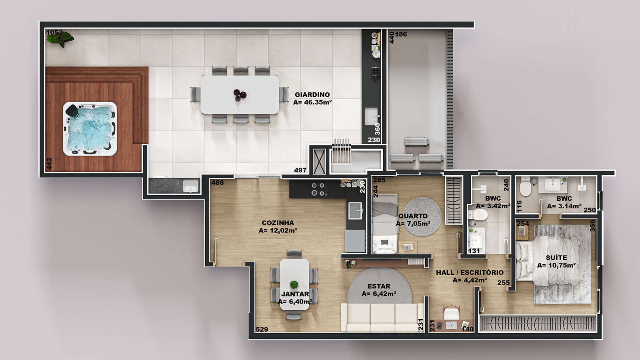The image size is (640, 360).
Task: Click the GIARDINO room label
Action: click(x=312, y=94)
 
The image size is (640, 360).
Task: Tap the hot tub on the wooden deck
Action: click(x=90, y=129)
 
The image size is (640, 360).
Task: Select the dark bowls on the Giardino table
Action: click(x=240, y=94)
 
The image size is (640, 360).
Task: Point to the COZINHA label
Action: click(x=278, y=223)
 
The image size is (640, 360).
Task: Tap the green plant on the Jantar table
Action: click(x=294, y=284)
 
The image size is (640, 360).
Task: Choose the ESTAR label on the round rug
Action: click(x=379, y=286)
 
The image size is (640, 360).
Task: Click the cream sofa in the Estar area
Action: click(x=382, y=318)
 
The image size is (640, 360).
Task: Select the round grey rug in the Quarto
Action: click(x=422, y=216)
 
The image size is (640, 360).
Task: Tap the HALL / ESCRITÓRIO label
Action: click(x=470, y=272)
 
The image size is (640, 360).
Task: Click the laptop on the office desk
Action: click(x=452, y=325)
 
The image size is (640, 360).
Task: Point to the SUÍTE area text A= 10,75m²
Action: click(x=556, y=266)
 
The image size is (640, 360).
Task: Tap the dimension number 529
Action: click(x=262, y=330)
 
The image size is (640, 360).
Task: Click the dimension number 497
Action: click(x=300, y=170)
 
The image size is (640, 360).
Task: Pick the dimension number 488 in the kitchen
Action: click(x=218, y=182)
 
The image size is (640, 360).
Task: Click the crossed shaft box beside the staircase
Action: click(x=319, y=162)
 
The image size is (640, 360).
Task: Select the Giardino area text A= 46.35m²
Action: click(x=312, y=102)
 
